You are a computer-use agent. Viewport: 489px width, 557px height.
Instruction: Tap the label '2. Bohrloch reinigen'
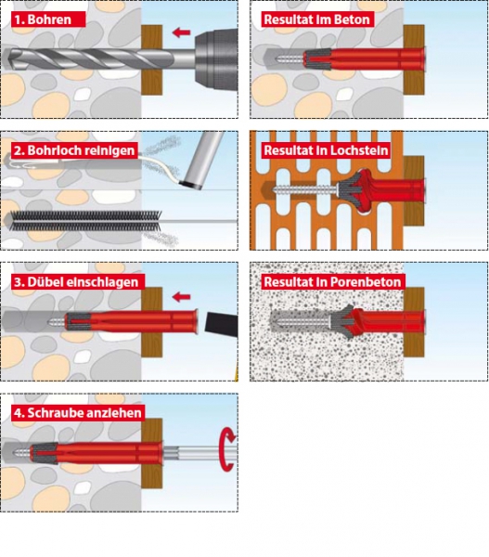(74, 150)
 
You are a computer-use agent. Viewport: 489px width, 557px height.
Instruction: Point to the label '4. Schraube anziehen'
(78, 413)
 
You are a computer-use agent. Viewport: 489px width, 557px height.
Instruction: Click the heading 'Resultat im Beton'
(317, 19)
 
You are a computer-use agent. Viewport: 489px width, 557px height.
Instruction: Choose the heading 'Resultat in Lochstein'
(326, 150)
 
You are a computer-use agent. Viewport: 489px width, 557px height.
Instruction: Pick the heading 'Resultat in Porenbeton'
(333, 281)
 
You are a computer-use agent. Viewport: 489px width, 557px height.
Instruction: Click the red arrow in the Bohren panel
(182, 32)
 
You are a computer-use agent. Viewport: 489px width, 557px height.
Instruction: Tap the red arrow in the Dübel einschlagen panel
(182, 297)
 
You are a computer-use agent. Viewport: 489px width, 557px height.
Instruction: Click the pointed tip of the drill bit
(7, 58)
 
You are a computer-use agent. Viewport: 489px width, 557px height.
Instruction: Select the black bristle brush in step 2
(84, 221)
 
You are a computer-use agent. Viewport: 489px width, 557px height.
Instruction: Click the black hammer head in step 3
(221, 322)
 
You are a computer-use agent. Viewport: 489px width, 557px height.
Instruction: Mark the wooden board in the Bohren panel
(152, 59)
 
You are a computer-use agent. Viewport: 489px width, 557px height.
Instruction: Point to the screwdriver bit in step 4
(200, 454)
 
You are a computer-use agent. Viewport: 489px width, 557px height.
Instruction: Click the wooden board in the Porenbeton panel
(414, 322)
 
